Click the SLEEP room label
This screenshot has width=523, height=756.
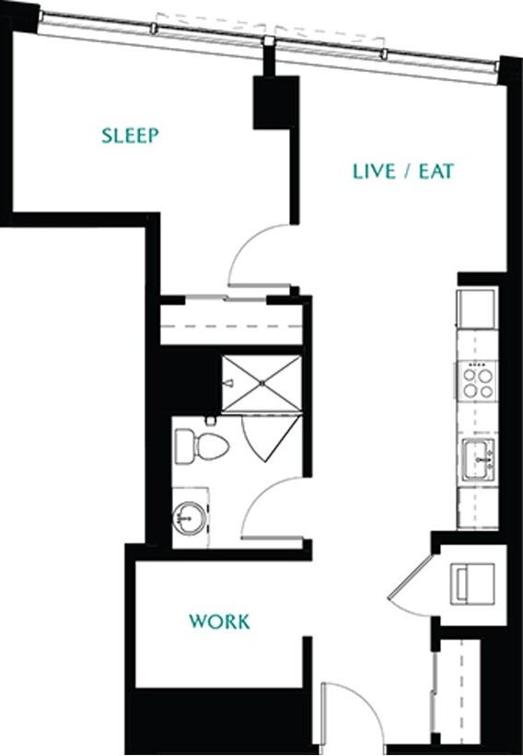pos(130,135)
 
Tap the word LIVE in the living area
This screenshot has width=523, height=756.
pos(374,171)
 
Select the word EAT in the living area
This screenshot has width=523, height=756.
pos(436,171)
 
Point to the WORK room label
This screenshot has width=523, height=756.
pos(219,622)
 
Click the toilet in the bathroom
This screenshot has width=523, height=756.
pos(201,446)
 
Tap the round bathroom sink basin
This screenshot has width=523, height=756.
pos(190,518)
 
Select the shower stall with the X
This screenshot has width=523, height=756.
pos(261,384)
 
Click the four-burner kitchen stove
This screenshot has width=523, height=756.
pos(477,381)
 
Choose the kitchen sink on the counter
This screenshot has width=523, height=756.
pos(478,460)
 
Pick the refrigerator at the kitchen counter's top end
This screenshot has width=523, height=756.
pos(477,308)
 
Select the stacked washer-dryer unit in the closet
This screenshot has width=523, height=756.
pos(472,584)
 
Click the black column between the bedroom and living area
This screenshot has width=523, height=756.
pos(276,102)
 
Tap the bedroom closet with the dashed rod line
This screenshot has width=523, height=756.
pos(231,321)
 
